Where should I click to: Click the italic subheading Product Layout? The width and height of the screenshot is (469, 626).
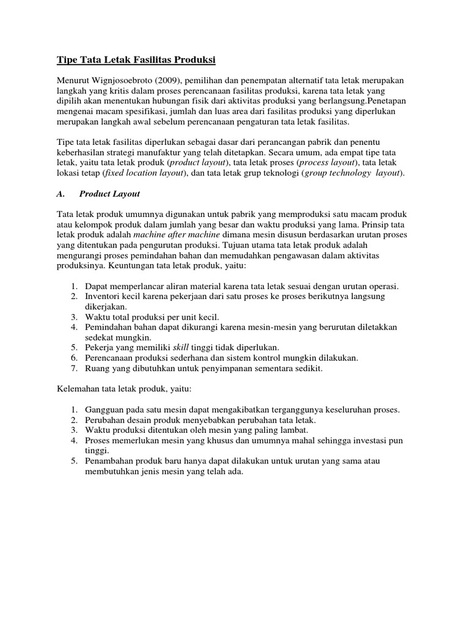110,194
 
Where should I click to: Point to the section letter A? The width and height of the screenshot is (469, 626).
60,194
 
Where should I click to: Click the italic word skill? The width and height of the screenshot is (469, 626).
181,347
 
